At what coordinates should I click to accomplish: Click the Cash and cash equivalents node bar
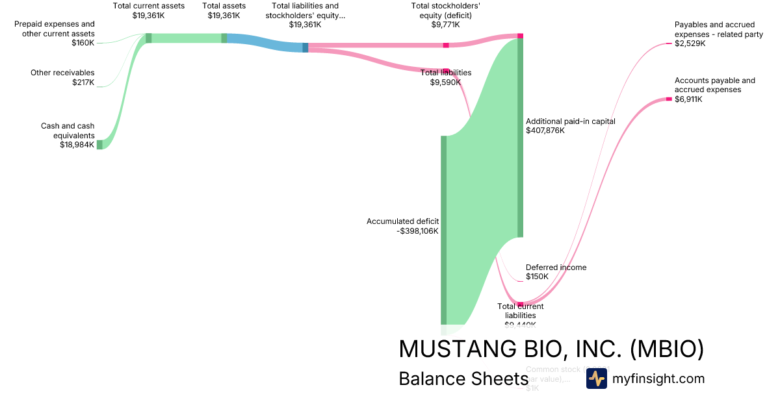[99, 144]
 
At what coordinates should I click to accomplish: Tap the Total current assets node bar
[148, 38]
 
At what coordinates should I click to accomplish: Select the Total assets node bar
[224, 38]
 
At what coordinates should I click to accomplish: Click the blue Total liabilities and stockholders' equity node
[305, 47]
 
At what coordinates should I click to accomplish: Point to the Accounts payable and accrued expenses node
[668, 99]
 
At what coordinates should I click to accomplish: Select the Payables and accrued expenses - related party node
[668, 43]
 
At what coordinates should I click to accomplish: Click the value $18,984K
[77, 145]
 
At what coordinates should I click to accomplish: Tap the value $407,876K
[545, 130]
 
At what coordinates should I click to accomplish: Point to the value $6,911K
[688, 99]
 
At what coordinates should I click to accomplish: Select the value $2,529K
[690, 43]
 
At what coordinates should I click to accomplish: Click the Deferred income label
[556, 267]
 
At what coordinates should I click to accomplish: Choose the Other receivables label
[62, 73]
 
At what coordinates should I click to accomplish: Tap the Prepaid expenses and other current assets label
[55, 29]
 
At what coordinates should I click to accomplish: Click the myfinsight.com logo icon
[596, 378]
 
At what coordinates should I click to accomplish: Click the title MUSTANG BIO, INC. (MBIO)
[551, 349]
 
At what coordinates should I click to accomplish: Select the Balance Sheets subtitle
[463, 379]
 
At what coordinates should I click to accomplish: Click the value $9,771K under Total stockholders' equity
[445, 25]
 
